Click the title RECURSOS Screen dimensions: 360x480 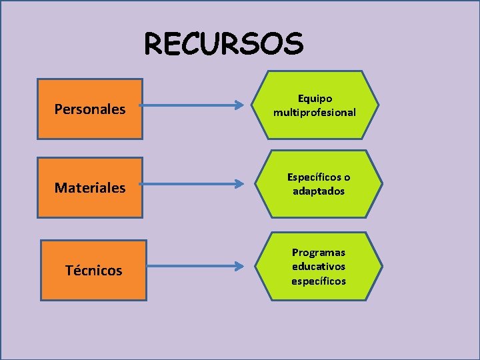click(x=223, y=44)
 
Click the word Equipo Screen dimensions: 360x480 click(x=315, y=98)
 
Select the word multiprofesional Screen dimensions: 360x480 click(x=315, y=112)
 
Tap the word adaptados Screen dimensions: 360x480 click(x=319, y=191)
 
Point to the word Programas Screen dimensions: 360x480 click(x=319, y=253)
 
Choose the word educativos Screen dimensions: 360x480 click(x=319, y=267)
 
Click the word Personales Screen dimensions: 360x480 click(x=89, y=109)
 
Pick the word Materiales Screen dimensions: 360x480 click(x=89, y=188)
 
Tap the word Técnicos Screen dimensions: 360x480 click(x=93, y=270)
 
